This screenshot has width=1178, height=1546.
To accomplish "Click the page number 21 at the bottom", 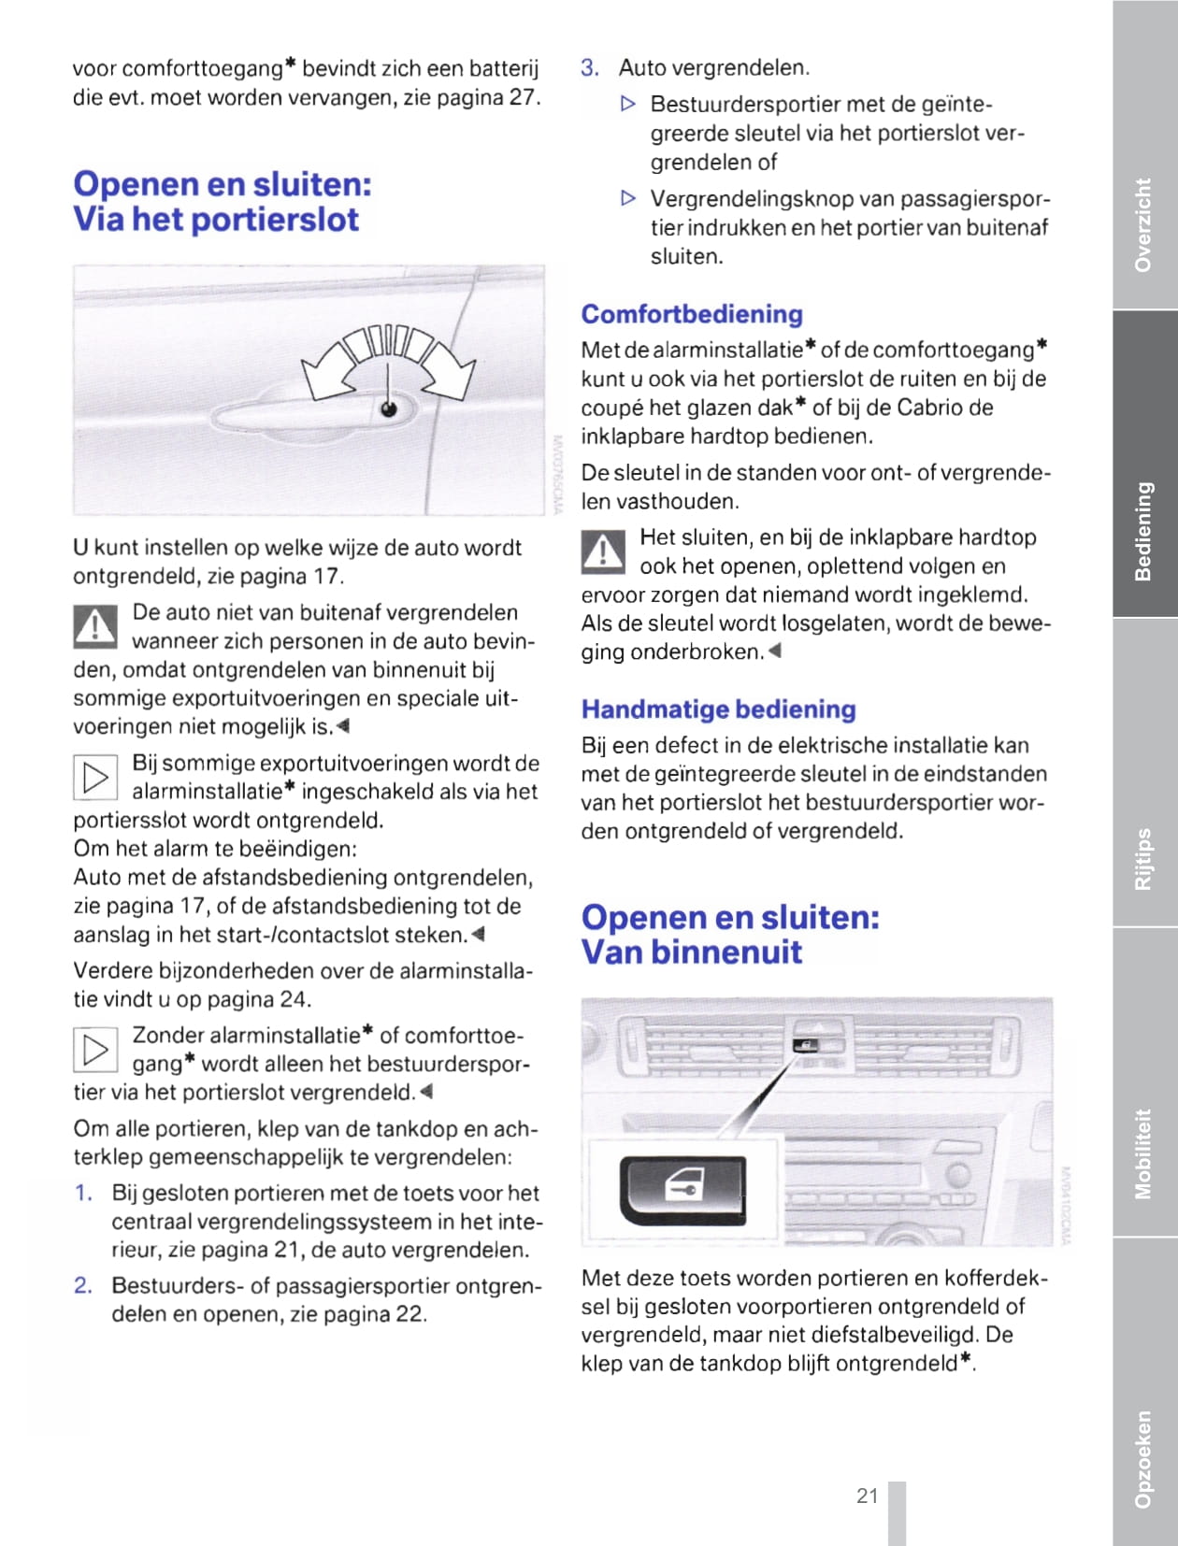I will pyautogui.click(x=867, y=1496).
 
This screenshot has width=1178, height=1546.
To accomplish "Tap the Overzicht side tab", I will pyautogui.click(x=1143, y=225).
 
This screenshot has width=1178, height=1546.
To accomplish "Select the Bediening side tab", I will pyautogui.click(x=1143, y=531).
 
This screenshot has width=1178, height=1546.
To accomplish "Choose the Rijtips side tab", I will pyautogui.click(x=1143, y=858).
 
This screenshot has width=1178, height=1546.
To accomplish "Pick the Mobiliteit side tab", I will pyautogui.click(x=1143, y=1153).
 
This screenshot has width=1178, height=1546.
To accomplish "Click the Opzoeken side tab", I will pyautogui.click(x=1143, y=1458).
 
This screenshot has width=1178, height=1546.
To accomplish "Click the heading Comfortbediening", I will pyautogui.click(x=692, y=314).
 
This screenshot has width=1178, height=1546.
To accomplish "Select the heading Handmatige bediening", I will pyautogui.click(x=718, y=709).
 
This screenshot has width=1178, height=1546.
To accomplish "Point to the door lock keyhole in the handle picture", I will pyautogui.click(x=388, y=408).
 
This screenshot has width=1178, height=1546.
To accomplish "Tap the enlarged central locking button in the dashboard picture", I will pyautogui.click(x=682, y=1190).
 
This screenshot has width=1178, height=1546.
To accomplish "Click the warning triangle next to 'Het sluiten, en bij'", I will pyautogui.click(x=603, y=551).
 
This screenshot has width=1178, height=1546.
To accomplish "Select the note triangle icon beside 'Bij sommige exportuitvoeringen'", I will pyautogui.click(x=94, y=777).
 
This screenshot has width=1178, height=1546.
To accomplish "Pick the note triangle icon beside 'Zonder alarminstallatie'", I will pyautogui.click(x=94, y=1049).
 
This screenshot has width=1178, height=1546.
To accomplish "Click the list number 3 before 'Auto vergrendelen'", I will pyautogui.click(x=589, y=68).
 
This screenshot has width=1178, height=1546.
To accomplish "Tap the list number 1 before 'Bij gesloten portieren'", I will pyautogui.click(x=83, y=1194).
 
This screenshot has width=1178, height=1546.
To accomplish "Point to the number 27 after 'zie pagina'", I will pyautogui.click(x=523, y=98).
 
